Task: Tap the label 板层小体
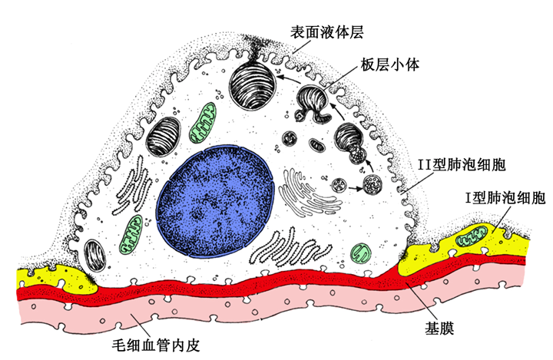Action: (387, 67)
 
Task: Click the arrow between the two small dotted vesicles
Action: (356, 185)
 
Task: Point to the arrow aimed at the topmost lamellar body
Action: (287, 77)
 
